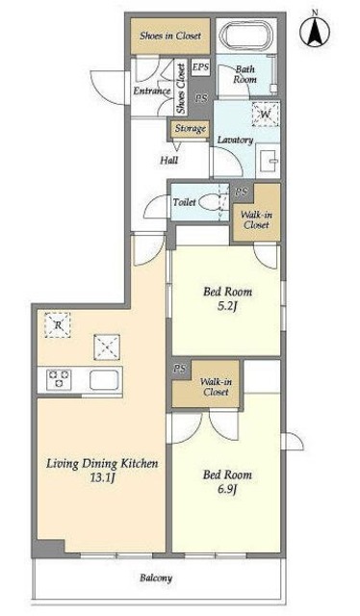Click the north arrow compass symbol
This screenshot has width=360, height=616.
tap(315, 30)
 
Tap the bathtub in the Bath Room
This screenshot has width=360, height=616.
tap(246, 35)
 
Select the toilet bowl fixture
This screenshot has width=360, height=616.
tap(210, 203)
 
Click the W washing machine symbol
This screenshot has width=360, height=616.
tap(266, 115)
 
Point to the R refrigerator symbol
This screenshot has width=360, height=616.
tap(58, 325)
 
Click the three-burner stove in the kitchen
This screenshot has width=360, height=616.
tap(59, 379)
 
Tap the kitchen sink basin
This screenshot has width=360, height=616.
tap(104, 379)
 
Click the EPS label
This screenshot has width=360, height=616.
tap(200, 67)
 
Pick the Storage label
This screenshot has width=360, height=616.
tap(191, 128)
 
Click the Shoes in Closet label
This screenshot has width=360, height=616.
tap(170, 36)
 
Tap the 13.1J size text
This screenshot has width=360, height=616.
tap(102, 478)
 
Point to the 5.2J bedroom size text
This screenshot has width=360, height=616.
tap(227, 306)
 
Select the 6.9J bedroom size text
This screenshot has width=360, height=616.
tap(227, 490)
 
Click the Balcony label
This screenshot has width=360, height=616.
tap(156, 578)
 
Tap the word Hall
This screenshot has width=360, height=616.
tap(169, 160)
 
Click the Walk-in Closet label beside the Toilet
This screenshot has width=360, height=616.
tap(256, 220)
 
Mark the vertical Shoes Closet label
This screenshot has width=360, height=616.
tap(181, 89)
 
